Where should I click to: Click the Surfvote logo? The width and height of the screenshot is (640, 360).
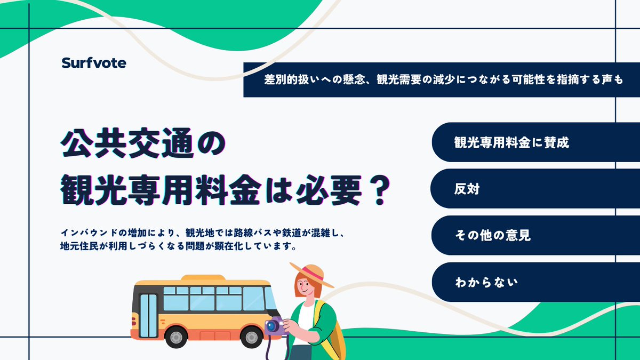click(x=93, y=63)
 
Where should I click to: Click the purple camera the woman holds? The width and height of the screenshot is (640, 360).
click(x=275, y=326)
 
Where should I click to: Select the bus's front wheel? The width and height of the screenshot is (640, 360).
click(x=251, y=337)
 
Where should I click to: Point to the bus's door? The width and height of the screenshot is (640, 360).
click(x=148, y=315)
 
